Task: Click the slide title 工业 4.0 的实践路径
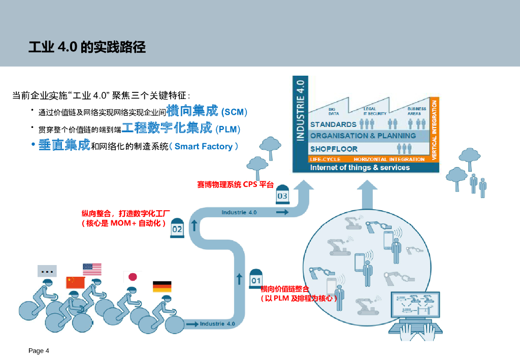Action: (x=87, y=48)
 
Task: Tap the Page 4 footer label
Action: (x=39, y=351)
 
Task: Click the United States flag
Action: (x=92, y=269)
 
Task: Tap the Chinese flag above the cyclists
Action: (x=75, y=282)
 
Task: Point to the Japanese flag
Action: (x=131, y=277)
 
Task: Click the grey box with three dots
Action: (x=47, y=271)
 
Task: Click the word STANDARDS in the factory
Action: (x=333, y=124)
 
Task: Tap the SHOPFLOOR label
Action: (x=334, y=149)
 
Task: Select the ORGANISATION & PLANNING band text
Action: (x=363, y=136)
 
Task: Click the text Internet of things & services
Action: (x=360, y=168)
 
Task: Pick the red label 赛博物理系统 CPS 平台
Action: (x=235, y=185)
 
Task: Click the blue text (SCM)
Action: (x=234, y=112)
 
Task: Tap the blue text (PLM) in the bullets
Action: (x=227, y=129)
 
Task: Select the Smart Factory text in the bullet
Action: (x=203, y=147)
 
